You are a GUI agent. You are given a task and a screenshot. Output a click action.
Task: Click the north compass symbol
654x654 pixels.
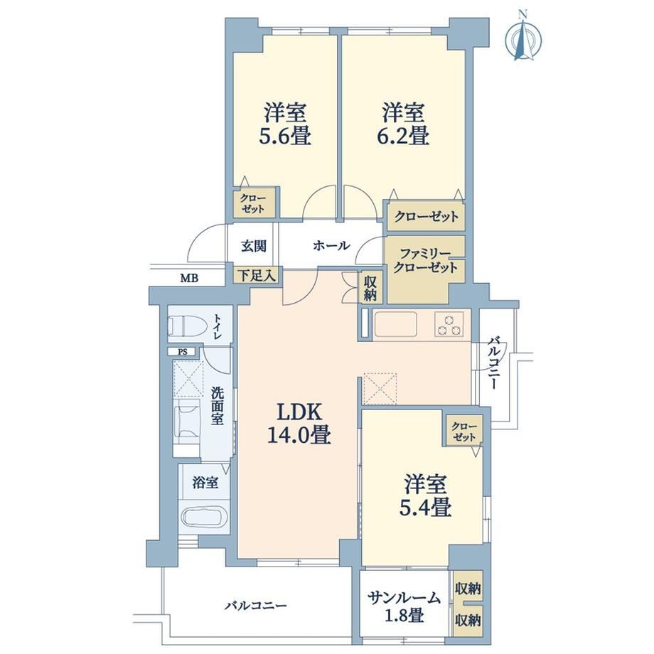pyautogui.click(x=524, y=38)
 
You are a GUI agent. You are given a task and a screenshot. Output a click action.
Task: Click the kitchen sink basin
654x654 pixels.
pyautogui.click(x=396, y=324)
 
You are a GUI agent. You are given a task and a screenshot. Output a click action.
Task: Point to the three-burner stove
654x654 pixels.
pyautogui.click(x=449, y=324)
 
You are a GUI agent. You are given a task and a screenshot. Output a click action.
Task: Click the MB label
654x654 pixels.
pyautogui.click(x=189, y=278)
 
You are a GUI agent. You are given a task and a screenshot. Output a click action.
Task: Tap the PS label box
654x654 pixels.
pyautogui.click(x=183, y=352)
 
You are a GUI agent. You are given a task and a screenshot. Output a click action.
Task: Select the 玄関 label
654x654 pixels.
pyautogui.click(x=254, y=246)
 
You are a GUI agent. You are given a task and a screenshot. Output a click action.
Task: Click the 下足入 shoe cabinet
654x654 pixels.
pyautogui.click(x=256, y=275)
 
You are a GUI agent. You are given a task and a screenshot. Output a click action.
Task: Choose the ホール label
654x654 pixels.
pyautogui.click(x=331, y=246)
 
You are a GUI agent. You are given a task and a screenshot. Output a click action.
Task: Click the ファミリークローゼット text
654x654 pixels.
pyautogui.click(x=425, y=261)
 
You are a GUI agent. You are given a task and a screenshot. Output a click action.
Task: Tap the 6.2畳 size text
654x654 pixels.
pyautogui.click(x=402, y=136)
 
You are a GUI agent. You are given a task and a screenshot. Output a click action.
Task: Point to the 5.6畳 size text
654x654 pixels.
pyautogui.click(x=284, y=136)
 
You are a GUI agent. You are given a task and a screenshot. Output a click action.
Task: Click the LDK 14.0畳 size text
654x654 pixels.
pyautogui.click(x=299, y=436)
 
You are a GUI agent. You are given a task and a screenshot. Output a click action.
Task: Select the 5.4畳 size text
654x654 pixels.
pyautogui.click(x=424, y=508)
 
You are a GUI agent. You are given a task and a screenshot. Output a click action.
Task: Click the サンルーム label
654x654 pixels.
pyautogui.click(x=404, y=598)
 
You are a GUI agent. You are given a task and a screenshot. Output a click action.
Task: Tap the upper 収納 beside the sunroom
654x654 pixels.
pyautogui.click(x=468, y=589)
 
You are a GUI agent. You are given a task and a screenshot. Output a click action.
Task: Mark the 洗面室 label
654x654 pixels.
pyautogui.click(x=217, y=406)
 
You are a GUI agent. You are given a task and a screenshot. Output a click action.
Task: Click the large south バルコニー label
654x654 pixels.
pyautogui.click(x=256, y=605)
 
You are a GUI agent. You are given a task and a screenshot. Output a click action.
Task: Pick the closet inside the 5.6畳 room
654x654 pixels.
pyautogui.click(x=254, y=203)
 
